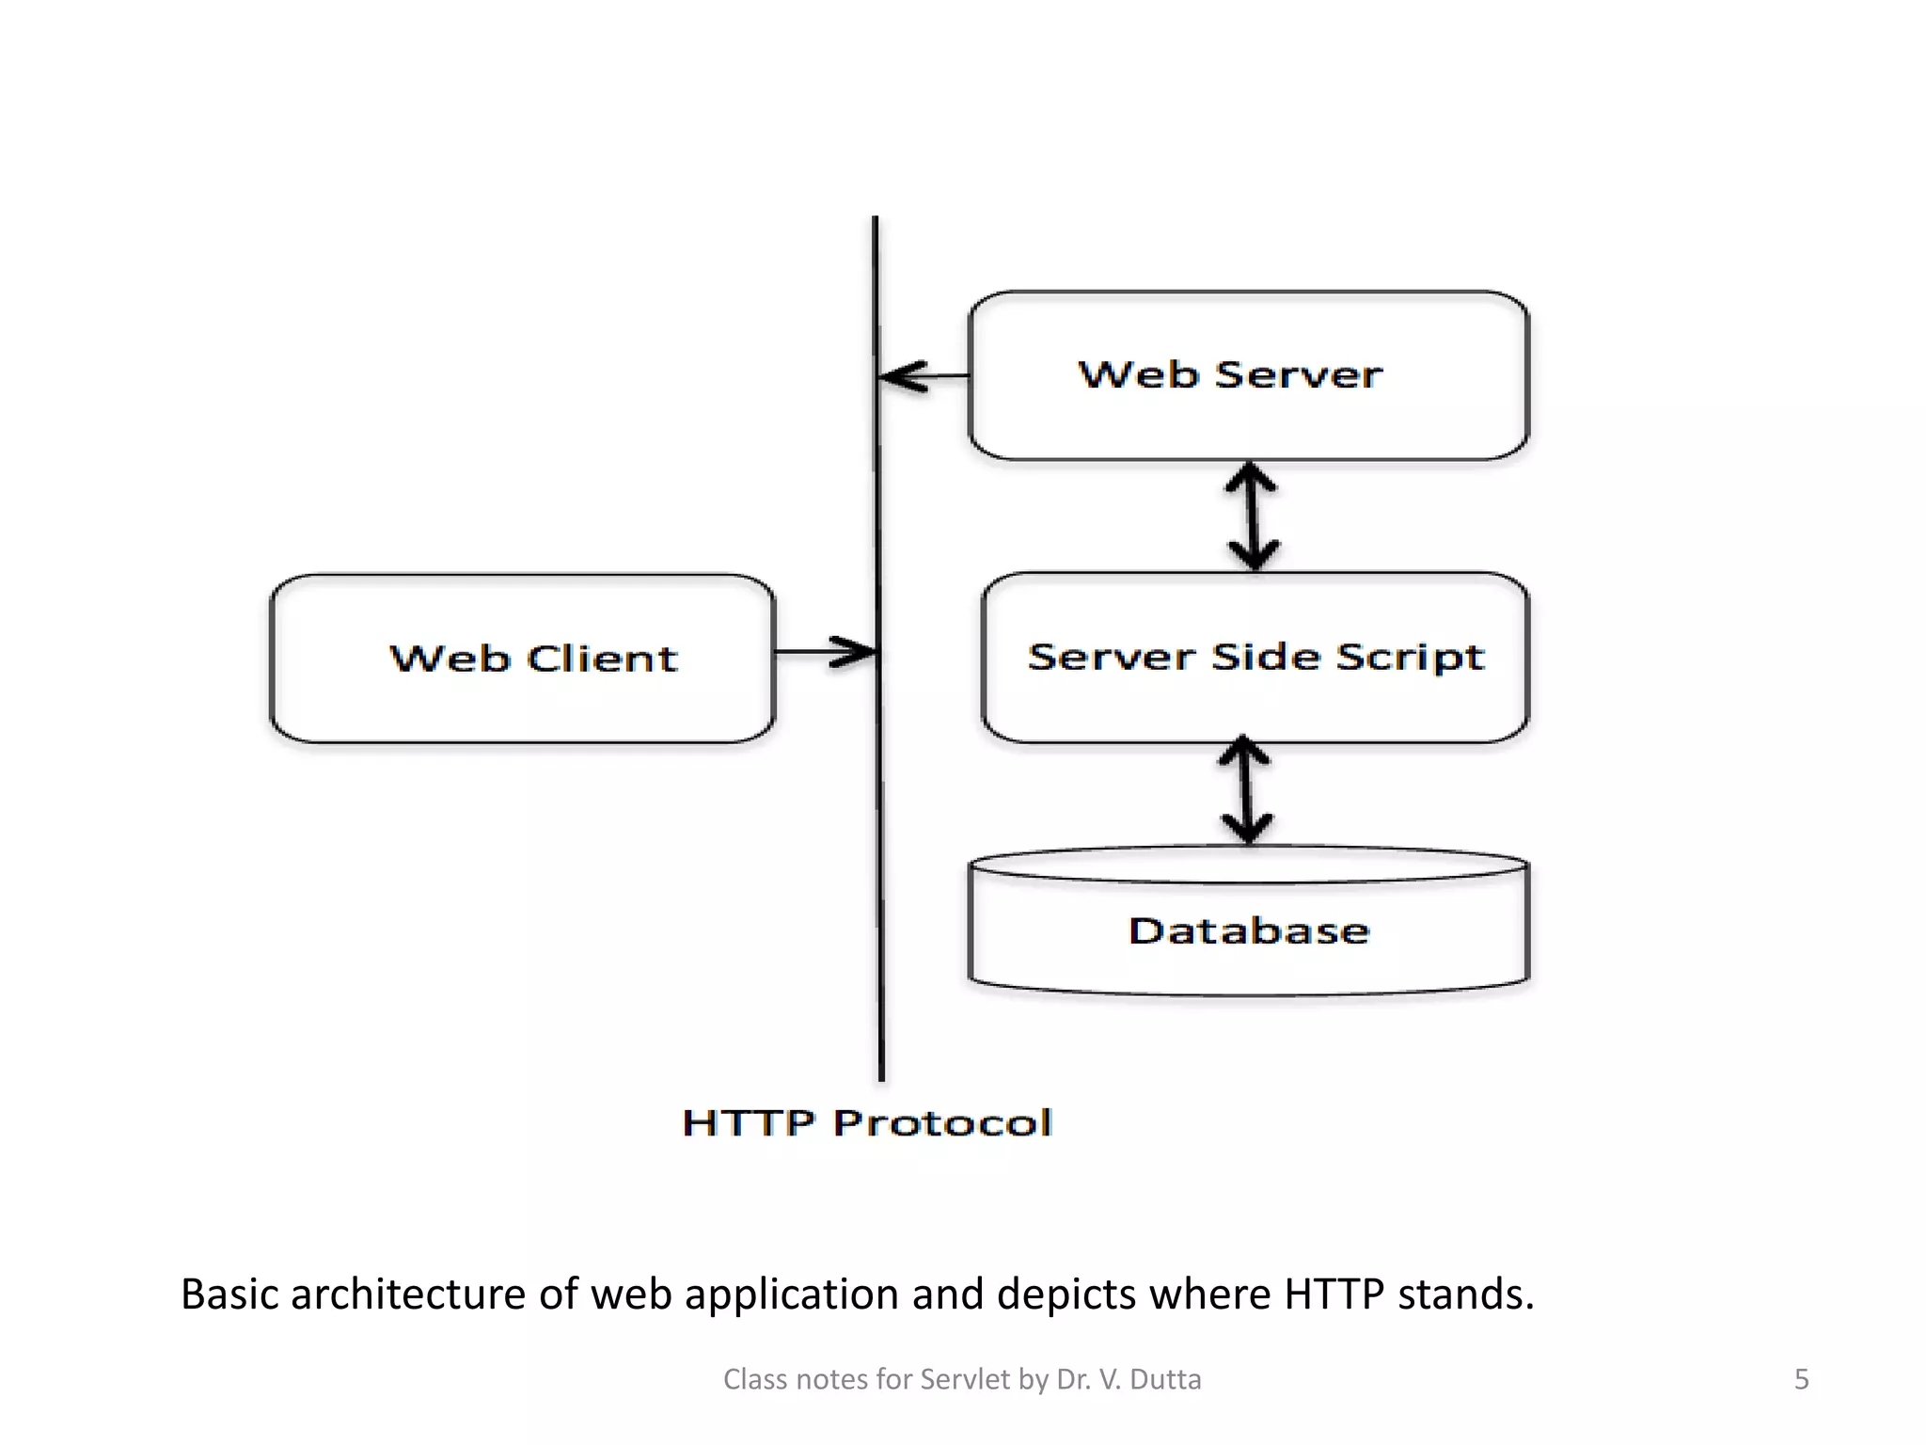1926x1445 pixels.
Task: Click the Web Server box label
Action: [x=1230, y=374]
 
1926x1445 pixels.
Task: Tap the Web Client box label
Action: [x=533, y=658]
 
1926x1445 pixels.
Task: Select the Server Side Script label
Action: [x=1255, y=657]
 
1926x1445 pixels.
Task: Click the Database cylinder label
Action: [x=1249, y=930]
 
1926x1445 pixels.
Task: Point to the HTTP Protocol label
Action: [x=867, y=1122]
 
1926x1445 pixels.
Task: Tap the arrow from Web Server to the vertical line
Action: [x=922, y=376]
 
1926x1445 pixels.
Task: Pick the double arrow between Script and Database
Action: [x=1246, y=790]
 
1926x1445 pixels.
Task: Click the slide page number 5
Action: [x=1801, y=1379]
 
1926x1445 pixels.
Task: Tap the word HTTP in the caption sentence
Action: [x=1334, y=1294]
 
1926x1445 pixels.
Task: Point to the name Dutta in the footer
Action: [x=1165, y=1379]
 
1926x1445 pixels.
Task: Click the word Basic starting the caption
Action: [x=229, y=1294]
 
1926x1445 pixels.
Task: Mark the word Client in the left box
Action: [x=602, y=658]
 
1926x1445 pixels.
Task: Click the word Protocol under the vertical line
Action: [x=942, y=1122]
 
